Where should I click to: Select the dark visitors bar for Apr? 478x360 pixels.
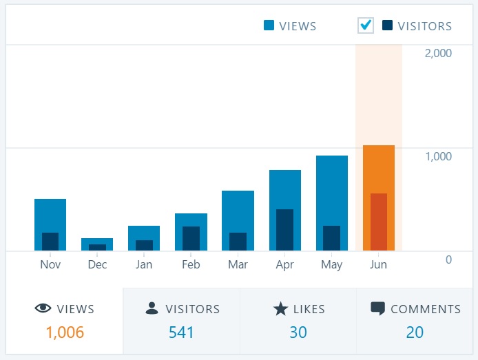click(x=284, y=230)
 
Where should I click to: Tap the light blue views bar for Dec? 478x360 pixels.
click(x=97, y=241)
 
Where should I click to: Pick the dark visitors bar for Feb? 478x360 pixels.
click(x=191, y=238)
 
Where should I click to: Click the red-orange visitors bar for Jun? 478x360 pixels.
click(x=378, y=222)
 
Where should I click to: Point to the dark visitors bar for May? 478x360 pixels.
click(x=331, y=238)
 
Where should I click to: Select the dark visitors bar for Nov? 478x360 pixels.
click(x=50, y=242)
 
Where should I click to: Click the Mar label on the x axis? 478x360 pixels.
click(x=238, y=265)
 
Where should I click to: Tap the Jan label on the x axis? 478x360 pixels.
click(x=144, y=265)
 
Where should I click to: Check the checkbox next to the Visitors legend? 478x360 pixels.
click(x=366, y=25)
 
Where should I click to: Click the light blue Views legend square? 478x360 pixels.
click(x=269, y=26)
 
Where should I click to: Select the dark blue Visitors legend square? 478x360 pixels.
click(x=387, y=26)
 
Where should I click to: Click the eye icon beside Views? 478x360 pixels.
click(x=43, y=309)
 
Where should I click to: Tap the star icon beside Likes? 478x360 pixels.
click(x=280, y=309)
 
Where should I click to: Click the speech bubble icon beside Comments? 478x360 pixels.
click(x=377, y=309)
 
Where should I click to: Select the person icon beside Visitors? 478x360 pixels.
click(x=152, y=309)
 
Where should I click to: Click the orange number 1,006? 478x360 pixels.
click(x=65, y=332)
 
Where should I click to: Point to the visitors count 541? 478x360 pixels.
click(x=181, y=332)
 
